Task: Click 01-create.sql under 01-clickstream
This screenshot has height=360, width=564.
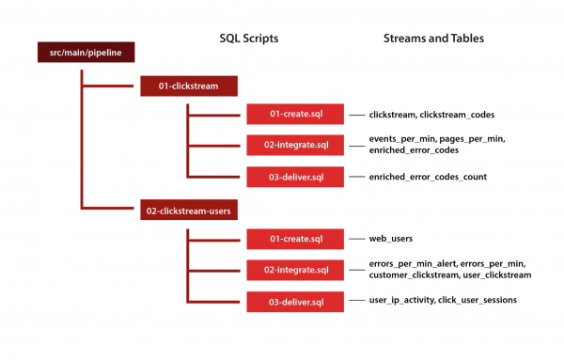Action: (x=294, y=115)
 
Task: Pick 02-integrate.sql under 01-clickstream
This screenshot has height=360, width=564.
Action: (x=294, y=145)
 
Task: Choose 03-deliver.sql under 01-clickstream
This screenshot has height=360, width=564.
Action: (x=294, y=176)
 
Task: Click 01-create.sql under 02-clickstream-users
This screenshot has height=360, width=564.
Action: (x=294, y=239)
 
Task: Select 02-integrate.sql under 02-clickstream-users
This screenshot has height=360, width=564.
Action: (x=294, y=270)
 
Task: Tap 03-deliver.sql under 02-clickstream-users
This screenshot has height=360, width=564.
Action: (x=294, y=301)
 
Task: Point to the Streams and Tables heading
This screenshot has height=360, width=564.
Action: (x=433, y=39)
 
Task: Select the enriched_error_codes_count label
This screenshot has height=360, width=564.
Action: (x=429, y=176)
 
